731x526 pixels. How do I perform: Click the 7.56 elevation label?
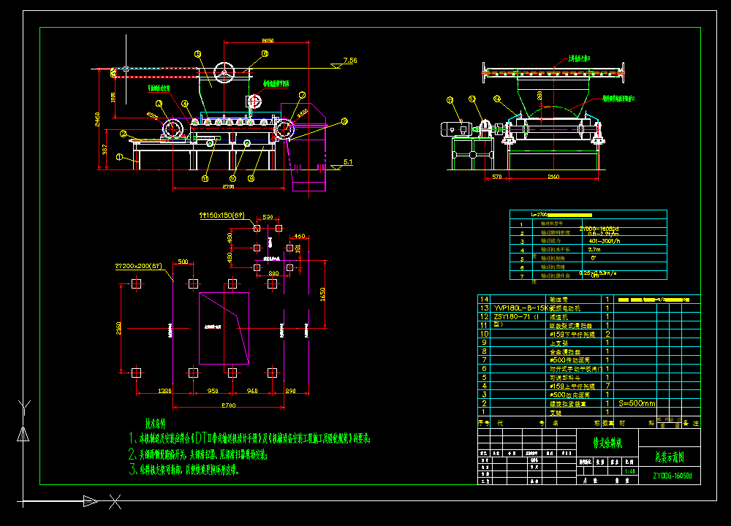pos(349,61)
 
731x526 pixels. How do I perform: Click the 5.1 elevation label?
pos(348,161)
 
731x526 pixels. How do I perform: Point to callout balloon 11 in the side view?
pos(205,178)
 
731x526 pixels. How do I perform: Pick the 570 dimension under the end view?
pos(496,177)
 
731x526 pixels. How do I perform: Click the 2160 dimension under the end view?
pos(553,177)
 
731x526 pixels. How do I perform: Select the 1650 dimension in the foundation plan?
pos(322,293)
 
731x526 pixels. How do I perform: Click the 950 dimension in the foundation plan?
pos(213,392)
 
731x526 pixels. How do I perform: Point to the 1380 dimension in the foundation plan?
pos(165,392)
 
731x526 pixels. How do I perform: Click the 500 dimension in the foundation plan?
pos(182,262)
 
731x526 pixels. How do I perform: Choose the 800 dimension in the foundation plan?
pos(273,273)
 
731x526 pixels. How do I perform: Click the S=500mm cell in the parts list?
pos(637,403)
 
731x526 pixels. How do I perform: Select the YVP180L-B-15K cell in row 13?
pos(520,308)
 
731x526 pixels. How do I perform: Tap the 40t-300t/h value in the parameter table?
pos(604,240)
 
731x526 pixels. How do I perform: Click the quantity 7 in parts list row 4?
pos(607,386)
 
